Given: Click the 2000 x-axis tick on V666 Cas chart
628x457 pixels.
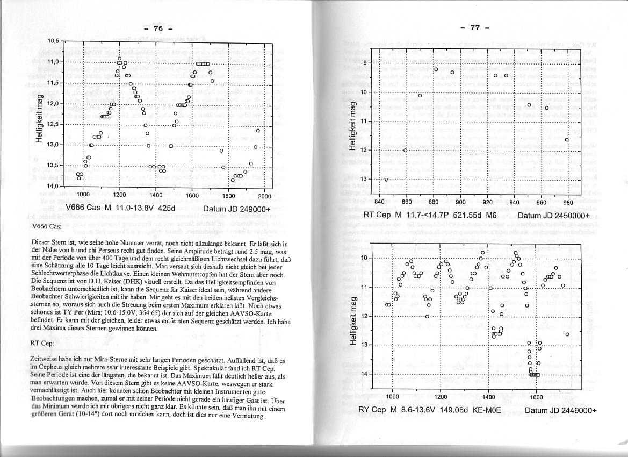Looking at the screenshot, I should [x=265, y=195].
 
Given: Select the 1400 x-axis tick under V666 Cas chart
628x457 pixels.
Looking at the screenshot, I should [x=156, y=195].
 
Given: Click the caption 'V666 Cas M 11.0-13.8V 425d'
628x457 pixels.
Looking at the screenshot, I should [x=120, y=208].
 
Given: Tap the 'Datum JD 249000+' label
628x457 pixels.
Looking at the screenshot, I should [x=236, y=209].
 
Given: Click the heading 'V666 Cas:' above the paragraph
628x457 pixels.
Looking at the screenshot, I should [x=46, y=226].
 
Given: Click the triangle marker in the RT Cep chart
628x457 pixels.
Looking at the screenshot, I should [x=386, y=180].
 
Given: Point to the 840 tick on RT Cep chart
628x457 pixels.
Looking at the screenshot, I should [x=379, y=202].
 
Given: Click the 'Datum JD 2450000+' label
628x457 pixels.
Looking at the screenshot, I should [x=554, y=216].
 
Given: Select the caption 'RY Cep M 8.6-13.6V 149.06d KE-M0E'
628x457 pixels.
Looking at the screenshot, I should [x=430, y=410].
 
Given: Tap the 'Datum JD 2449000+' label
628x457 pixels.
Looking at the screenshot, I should [x=560, y=410].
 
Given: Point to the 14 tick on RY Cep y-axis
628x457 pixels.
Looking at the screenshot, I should [x=366, y=374].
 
